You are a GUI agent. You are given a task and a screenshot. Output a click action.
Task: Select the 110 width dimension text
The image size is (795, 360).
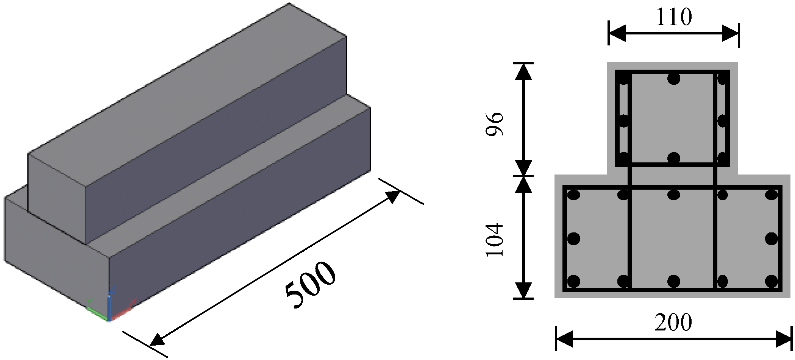[673, 17]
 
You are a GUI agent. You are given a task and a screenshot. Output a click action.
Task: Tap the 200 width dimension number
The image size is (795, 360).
[673, 323]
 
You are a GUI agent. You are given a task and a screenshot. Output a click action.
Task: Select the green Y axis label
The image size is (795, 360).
[89, 302]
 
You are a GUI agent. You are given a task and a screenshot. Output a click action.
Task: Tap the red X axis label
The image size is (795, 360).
[133, 302]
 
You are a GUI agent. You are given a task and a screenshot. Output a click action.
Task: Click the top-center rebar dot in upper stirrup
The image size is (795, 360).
[674, 79]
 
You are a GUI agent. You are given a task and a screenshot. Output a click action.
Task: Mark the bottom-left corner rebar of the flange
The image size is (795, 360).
[574, 281]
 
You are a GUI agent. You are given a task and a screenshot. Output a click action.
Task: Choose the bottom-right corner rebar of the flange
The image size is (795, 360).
[772, 281]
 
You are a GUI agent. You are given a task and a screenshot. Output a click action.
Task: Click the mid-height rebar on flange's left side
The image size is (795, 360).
[574, 238]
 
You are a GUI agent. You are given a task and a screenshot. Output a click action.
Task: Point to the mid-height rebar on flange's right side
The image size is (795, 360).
[772, 238]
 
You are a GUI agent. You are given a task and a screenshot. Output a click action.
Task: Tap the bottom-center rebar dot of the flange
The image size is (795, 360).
[674, 281]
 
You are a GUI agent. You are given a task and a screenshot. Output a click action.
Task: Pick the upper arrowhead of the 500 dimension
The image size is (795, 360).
[392, 197]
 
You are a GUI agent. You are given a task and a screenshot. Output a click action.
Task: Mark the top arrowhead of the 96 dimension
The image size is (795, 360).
[523, 72]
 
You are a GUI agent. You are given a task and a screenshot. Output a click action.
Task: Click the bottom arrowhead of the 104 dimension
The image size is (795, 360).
[523, 291]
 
